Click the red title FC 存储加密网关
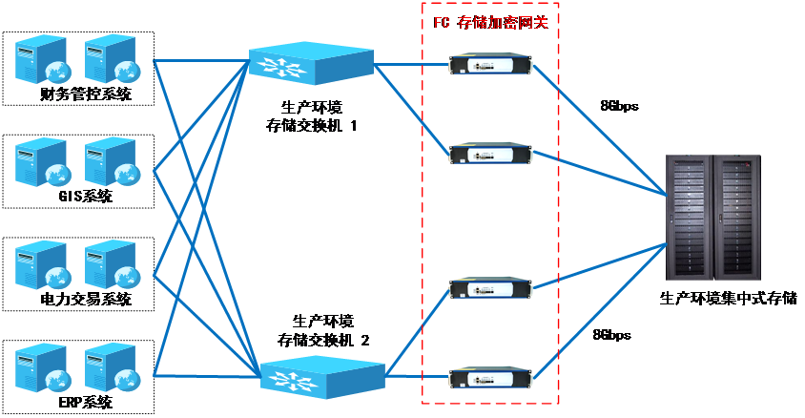click(490, 22)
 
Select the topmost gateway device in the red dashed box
click(490, 64)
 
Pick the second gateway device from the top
click(490, 153)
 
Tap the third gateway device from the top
click(490, 287)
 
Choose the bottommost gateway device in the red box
click(490, 376)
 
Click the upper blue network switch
click(311, 63)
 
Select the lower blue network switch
click(322, 376)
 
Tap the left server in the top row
click(41, 59)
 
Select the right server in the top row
click(110, 59)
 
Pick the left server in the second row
click(41, 162)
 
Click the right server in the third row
click(110, 265)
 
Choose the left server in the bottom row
click(41, 368)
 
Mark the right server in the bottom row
click(110, 368)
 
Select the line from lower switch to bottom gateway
click(418, 376)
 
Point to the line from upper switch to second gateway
click(411, 107)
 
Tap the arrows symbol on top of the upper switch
click(285, 66)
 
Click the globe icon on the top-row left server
click(57, 72)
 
